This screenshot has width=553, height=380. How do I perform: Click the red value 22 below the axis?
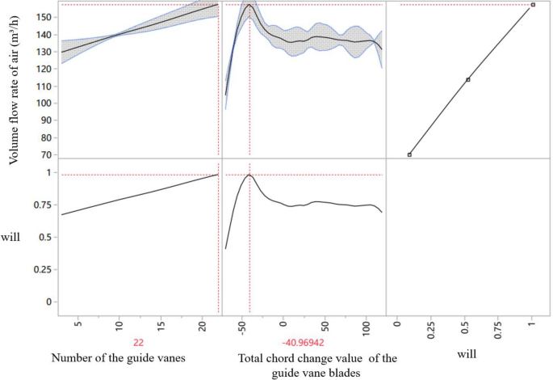click(x=138, y=342)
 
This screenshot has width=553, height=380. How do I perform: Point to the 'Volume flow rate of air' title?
click(x=15, y=82)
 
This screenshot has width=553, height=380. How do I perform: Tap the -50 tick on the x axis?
click(x=241, y=325)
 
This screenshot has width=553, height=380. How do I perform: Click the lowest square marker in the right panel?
click(x=409, y=154)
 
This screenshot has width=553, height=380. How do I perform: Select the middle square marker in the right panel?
click(x=468, y=79)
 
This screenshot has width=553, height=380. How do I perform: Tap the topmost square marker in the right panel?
click(x=533, y=5)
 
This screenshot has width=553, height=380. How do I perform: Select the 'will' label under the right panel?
click(x=467, y=353)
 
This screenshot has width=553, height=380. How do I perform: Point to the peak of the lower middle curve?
click(x=249, y=175)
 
